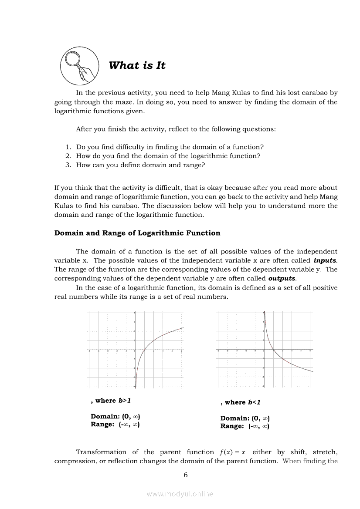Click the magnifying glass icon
[79, 66]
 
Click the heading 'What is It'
[137, 65]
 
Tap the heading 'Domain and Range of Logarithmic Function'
[137, 233]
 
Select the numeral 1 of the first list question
[68, 147]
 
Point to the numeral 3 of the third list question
[68, 165]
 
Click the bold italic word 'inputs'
[325, 260]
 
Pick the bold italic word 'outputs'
[282, 278]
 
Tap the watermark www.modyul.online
[180, 494]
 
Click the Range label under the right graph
[232, 426]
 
